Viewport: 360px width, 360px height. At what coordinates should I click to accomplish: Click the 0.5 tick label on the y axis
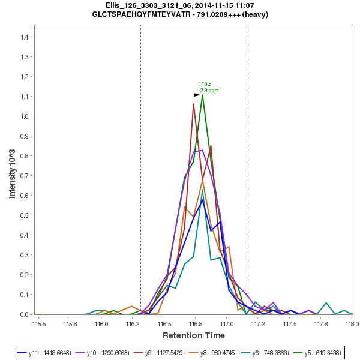click(25, 215)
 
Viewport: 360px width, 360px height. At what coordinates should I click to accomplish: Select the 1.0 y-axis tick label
click(25, 116)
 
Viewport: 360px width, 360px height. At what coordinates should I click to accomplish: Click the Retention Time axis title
click(193, 335)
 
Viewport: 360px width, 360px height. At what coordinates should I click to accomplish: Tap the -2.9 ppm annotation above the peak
click(209, 91)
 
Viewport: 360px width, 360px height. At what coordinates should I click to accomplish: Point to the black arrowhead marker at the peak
click(197, 94)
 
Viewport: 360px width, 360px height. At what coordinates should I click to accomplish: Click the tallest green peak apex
click(202, 94)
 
